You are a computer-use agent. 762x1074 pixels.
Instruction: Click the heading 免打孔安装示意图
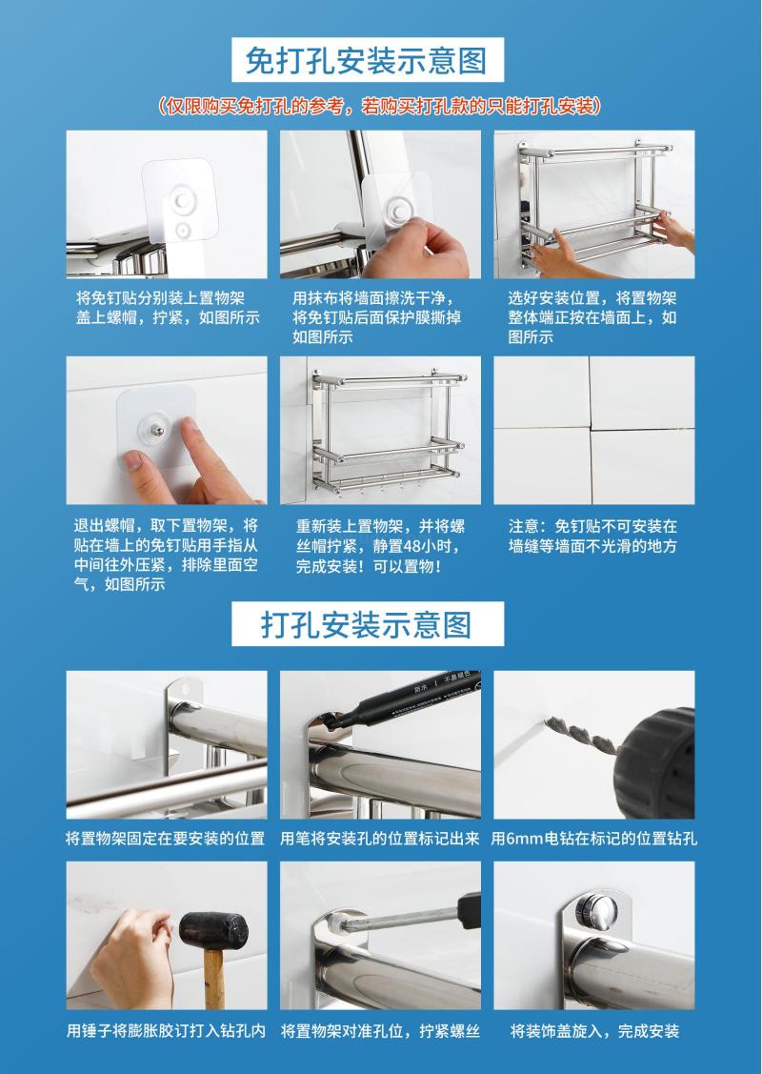pos(366,60)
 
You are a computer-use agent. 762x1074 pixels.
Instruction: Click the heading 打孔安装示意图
pos(367,625)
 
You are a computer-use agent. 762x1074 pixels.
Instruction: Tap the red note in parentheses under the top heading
pos(380,106)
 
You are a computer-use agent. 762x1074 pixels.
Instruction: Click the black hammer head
pos(213,930)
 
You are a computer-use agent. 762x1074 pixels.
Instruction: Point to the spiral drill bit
pos(581,733)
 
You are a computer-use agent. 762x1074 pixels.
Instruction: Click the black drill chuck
pos(655,763)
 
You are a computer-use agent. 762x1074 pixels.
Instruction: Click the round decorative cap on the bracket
pos(596,912)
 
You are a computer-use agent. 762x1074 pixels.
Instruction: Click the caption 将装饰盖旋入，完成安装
pos(594,1031)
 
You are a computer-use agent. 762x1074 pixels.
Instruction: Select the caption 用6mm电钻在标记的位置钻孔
pos(594,839)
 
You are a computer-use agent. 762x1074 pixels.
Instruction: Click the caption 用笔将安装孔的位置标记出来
pos(380,839)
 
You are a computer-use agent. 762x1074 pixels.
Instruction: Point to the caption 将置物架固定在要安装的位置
pos(165,839)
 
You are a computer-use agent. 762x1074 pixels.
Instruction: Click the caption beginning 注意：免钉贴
pos(592,536)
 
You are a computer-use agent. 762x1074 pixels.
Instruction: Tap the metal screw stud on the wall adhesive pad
pos(157,430)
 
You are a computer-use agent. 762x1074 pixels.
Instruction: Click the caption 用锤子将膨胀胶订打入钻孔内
pos(166,1031)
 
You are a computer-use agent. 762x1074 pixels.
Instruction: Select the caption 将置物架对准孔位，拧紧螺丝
pos(381,1031)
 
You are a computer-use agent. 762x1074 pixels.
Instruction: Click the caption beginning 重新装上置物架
pos(381,546)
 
